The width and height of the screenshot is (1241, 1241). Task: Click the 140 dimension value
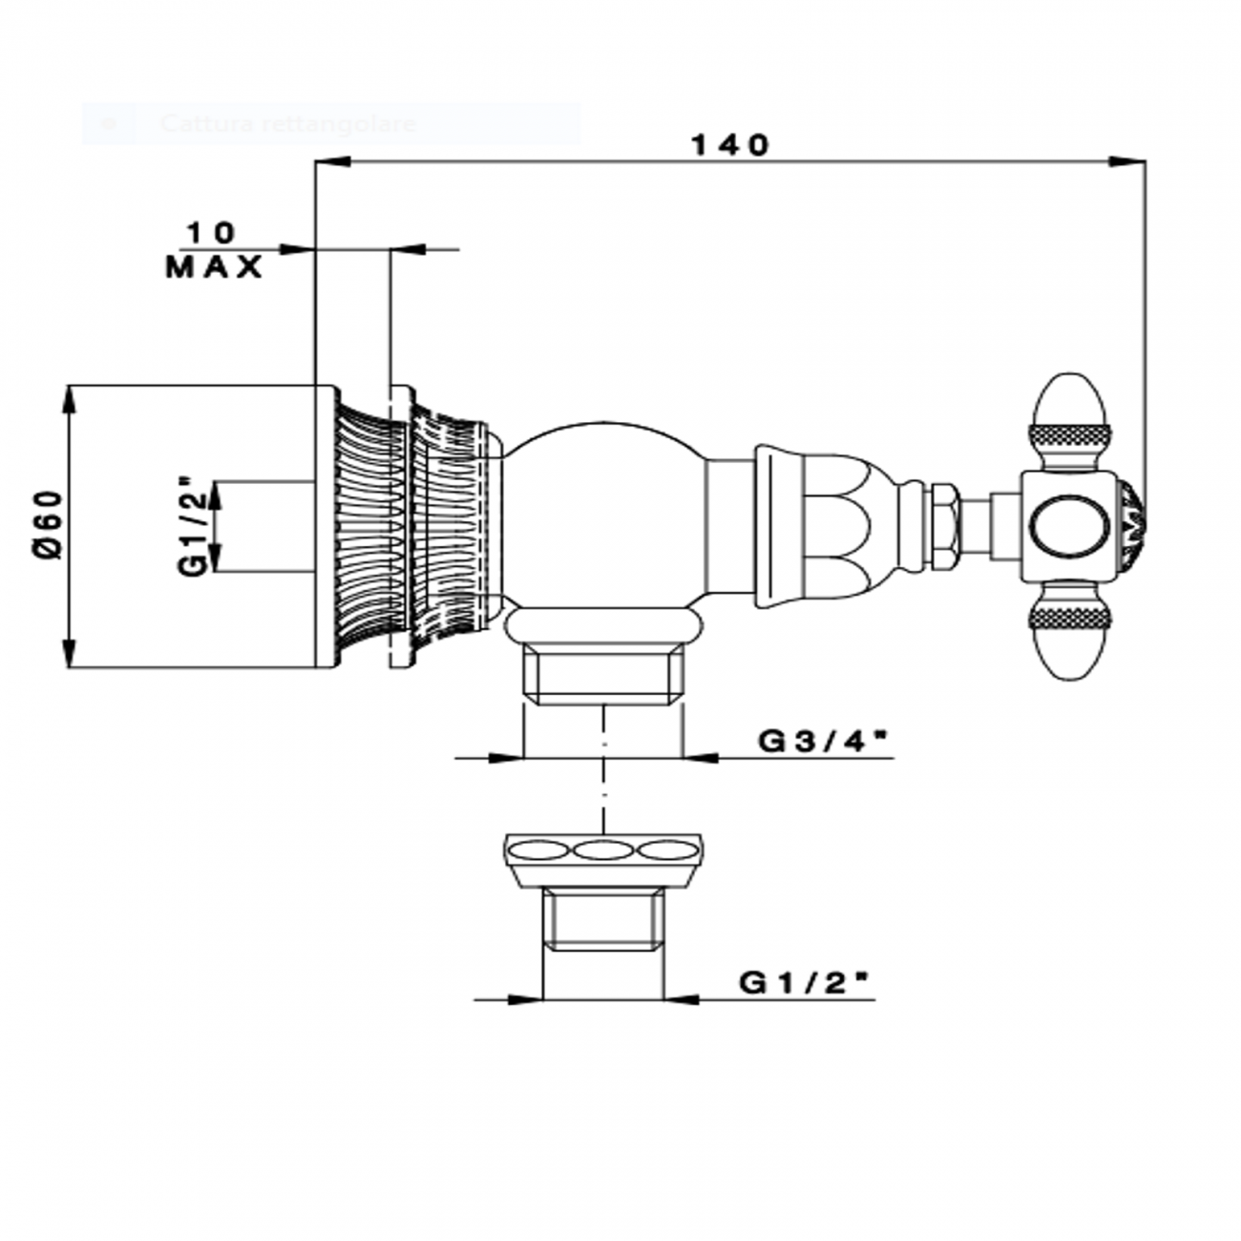(729, 145)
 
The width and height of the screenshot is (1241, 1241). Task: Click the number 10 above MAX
(210, 232)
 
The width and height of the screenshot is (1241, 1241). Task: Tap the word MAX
(214, 268)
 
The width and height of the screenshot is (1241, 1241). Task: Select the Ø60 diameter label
(47, 525)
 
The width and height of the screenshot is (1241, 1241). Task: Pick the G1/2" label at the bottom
(806, 982)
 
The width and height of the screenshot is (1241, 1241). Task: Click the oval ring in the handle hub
(1071, 526)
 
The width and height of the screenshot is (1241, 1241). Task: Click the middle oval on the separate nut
(603, 850)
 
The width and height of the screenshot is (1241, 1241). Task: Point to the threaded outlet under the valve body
(603, 675)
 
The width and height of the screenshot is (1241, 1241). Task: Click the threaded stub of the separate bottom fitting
(603, 918)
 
